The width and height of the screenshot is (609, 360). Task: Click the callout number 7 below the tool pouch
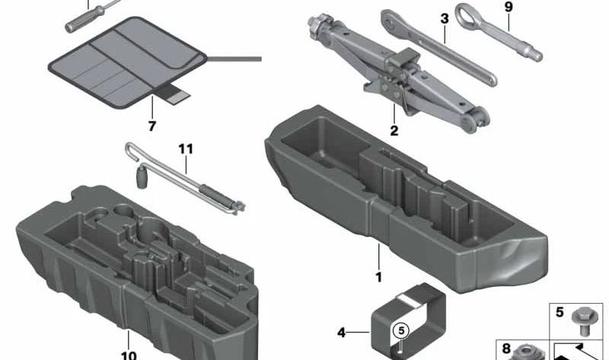[151, 126]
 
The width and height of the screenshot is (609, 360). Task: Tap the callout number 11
[186, 148]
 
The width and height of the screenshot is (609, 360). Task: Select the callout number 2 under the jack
[394, 130]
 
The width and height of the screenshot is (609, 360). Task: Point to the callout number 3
[445, 18]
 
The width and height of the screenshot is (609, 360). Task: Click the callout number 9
[509, 7]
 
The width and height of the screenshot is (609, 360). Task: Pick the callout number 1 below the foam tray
[378, 277]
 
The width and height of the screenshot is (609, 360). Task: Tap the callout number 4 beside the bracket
[341, 333]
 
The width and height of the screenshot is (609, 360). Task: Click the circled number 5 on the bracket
[401, 331]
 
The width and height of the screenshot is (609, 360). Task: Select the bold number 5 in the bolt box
[560, 312]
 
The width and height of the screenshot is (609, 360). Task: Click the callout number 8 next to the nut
[506, 349]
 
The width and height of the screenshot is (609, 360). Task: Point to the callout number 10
[129, 355]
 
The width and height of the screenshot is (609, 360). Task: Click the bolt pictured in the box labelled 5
[582, 320]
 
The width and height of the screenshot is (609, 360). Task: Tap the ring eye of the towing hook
[467, 15]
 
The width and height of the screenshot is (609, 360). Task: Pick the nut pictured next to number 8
[527, 352]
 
